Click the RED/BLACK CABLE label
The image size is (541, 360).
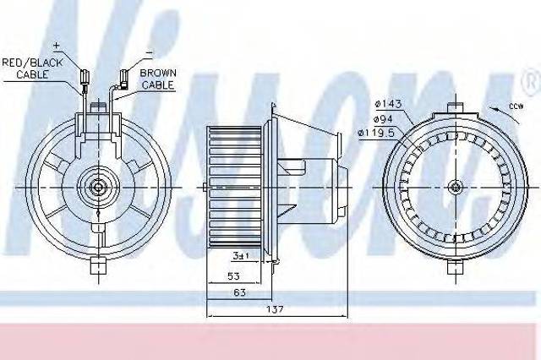coord(32,68)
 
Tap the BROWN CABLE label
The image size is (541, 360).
coord(158,79)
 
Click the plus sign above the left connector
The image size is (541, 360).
coord(57,45)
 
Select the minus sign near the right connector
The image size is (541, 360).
coord(149,52)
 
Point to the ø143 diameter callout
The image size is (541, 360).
coord(389,103)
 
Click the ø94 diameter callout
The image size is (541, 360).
coord(384,119)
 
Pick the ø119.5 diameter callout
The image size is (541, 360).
coord(376,133)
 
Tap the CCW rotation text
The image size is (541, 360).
coord(516,106)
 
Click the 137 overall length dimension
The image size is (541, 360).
coord(275,309)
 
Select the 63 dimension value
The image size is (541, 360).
coord(239,292)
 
